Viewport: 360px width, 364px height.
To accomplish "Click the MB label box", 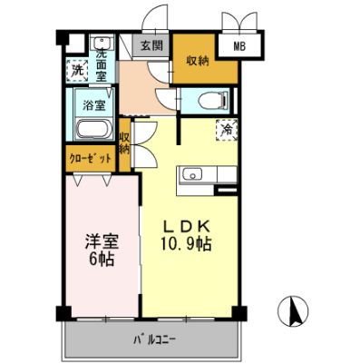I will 240,45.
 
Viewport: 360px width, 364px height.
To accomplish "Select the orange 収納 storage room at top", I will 193,61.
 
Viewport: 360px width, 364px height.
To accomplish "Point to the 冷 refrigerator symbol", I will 224,130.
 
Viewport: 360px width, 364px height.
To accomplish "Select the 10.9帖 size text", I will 188,244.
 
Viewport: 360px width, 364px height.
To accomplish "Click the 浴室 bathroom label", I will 94,104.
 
